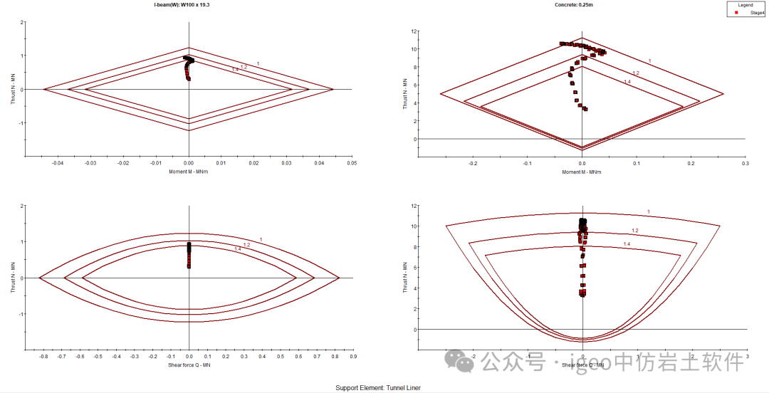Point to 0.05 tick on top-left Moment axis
(x=352, y=163)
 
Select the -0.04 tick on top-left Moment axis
(x=58, y=163)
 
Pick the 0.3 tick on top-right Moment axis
(x=745, y=163)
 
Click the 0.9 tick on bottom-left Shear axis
(x=352, y=357)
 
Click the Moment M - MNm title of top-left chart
(x=188, y=172)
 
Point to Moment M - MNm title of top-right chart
(x=582, y=172)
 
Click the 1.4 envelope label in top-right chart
(x=627, y=83)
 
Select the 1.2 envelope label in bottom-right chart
(x=634, y=231)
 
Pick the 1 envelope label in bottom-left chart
(x=261, y=239)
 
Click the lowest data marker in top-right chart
(x=585, y=109)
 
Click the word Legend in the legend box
(x=745, y=5)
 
